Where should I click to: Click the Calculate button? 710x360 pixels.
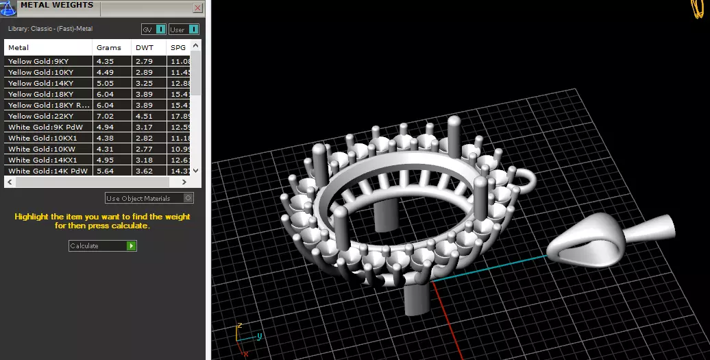103,245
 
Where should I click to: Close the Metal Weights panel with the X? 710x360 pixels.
198,8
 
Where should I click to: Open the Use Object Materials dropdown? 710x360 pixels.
149,198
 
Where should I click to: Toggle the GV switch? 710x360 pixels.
160,29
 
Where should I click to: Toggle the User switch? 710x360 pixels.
193,29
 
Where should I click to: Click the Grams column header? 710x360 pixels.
109,48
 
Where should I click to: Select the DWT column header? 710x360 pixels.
145,48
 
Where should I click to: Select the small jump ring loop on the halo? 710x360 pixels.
528,180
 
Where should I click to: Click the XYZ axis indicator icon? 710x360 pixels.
246,335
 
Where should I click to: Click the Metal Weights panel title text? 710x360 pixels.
57,5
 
